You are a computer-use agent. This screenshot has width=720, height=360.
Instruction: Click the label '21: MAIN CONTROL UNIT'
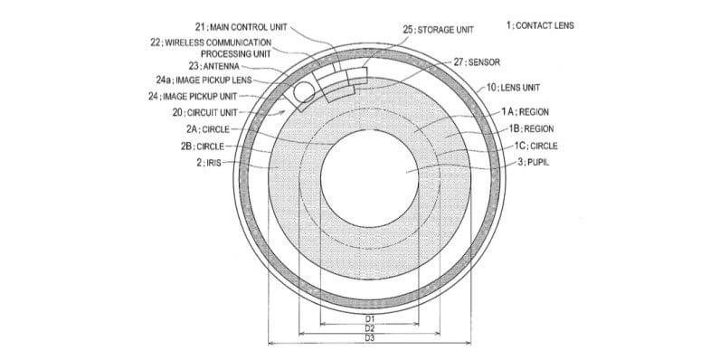[242, 27]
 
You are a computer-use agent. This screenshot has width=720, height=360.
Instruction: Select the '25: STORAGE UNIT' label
[438, 29]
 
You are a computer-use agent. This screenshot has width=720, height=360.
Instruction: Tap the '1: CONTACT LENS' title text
[540, 25]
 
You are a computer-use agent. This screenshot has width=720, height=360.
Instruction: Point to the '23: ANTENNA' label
[213, 66]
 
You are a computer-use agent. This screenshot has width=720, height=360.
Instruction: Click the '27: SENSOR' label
[477, 62]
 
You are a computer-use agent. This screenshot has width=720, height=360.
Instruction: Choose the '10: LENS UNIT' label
[513, 87]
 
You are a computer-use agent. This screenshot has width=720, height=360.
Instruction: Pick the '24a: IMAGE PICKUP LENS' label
[204, 81]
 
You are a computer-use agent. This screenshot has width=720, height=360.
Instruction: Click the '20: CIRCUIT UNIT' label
[205, 112]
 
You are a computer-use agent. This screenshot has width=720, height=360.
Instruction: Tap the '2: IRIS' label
[209, 162]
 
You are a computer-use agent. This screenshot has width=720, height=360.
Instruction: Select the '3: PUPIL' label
[533, 162]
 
